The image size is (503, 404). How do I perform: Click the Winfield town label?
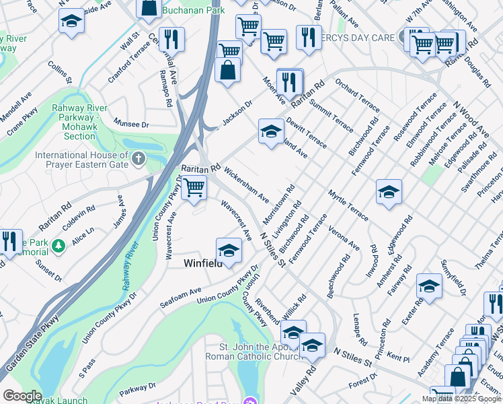(203, 264)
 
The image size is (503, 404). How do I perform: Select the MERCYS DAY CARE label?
(360, 38)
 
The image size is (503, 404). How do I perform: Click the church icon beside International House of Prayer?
(139, 159)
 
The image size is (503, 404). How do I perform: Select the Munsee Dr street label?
(130, 125)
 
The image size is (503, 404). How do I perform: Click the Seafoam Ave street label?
(181, 298)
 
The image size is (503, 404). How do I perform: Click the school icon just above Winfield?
(229, 250)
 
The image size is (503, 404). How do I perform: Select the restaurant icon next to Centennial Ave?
(172, 38)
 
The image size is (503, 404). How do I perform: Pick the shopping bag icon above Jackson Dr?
(228, 69)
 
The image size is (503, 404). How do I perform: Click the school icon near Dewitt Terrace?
(271, 131)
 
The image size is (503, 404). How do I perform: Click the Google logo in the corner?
(22, 396)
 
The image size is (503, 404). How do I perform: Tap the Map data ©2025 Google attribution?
(461, 399)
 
